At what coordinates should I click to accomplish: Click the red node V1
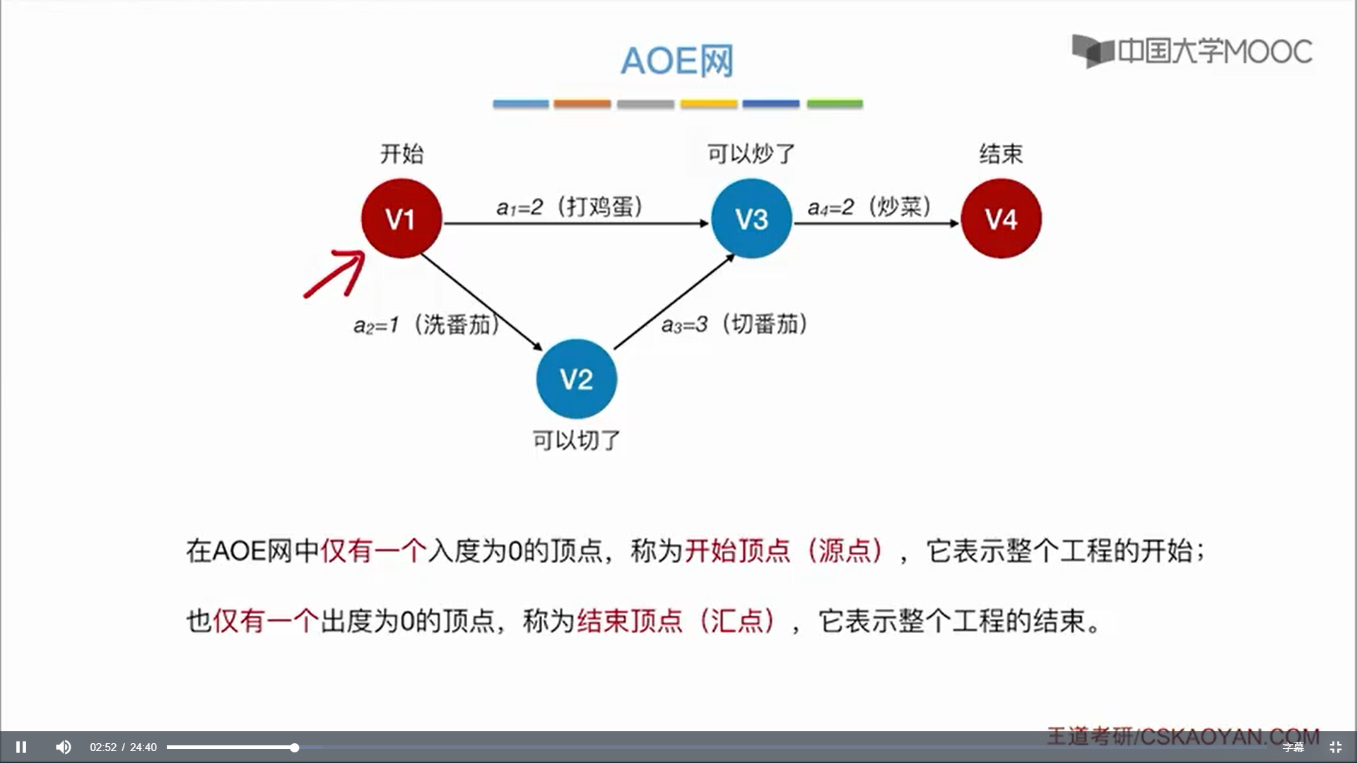pyautogui.click(x=401, y=218)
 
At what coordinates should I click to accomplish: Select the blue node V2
pyautogui.click(x=576, y=379)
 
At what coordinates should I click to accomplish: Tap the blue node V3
pyautogui.click(x=751, y=218)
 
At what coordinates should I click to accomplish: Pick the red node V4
pyautogui.click(x=1001, y=218)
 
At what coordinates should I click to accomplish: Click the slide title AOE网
pyautogui.click(x=677, y=61)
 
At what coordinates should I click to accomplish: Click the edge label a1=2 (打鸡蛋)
pyautogui.click(x=570, y=207)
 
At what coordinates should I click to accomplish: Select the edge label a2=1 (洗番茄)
pyautogui.click(x=426, y=325)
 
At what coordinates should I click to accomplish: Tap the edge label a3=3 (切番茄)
pyautogui.click(x=734, y=324)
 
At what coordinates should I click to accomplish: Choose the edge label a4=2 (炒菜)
pyautogui.click(x=869, y=207)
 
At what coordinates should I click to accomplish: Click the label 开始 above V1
pyautogui.click(x=401, y=153)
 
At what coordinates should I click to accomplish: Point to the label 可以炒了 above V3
pyautogui.click(x=751, y=153)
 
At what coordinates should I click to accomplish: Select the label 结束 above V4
pyautogui.click(x=1001, y=153)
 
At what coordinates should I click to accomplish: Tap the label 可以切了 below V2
pyautogui.click(x=576, y=440)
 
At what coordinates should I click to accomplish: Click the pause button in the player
pyautogui.click(x=21, y=747)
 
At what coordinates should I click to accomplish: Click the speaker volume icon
pyautogui.click(x=64, y=747)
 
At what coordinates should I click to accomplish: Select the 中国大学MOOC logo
pyautogui.click(x=1192, y=51)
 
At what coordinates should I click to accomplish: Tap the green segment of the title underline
pyautogui.click(x=835, y=104)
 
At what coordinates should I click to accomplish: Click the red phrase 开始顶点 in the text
pyautogui.click(x=737, y=550)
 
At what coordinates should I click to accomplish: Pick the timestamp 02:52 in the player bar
pyautogui.click(x=103, y=747)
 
